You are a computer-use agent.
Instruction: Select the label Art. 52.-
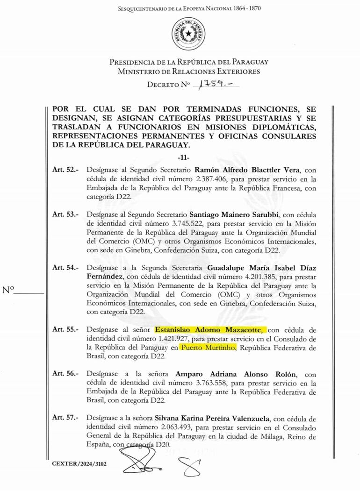point(65,169)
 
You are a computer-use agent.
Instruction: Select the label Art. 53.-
point(65,214)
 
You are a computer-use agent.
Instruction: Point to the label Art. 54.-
point(65,268)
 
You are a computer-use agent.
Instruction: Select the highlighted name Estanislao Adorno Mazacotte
point(211,330)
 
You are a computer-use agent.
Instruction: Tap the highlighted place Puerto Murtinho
point(209,348)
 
